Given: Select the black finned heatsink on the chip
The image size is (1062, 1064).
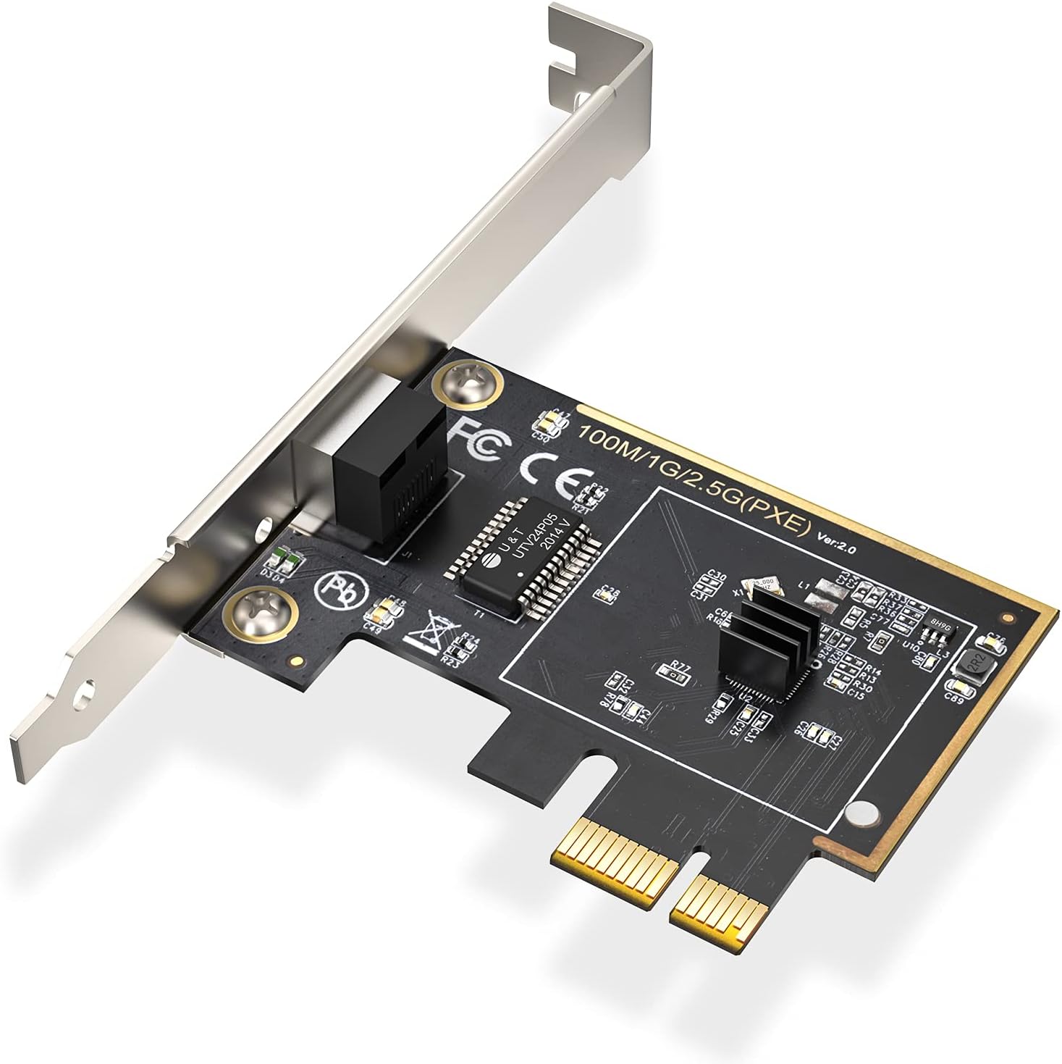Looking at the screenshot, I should pos(760,644).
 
